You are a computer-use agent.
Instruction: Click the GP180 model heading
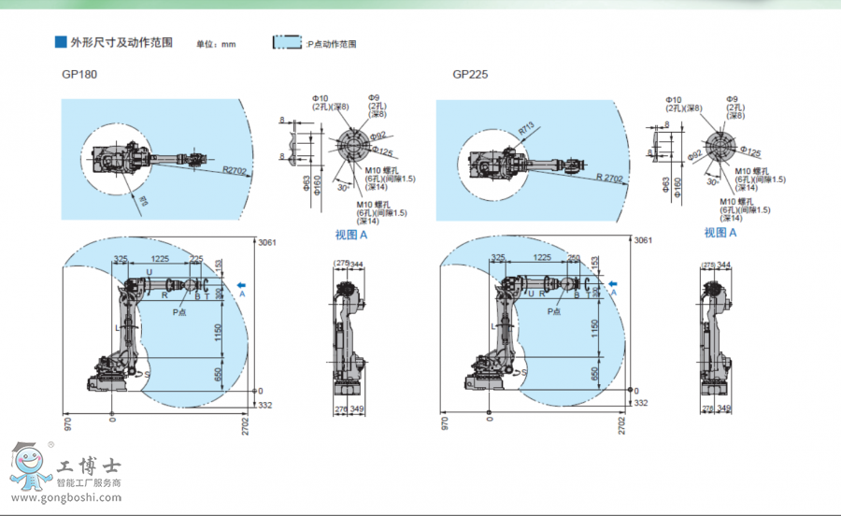[x=79, y=74]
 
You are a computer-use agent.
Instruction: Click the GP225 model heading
[x=470, y=74]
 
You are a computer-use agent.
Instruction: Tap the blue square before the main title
[x=61, y=43]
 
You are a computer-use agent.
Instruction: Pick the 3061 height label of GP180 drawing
[x=267, y=241]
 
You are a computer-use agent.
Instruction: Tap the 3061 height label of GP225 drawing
[x=643, y=241]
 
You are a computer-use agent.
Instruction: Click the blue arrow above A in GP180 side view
[x=243, y=282]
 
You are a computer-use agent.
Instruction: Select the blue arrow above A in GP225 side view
[x=614, y=282]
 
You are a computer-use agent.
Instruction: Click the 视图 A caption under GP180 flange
[x=353, y=234]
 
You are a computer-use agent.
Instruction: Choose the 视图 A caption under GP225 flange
[x=720, y=233]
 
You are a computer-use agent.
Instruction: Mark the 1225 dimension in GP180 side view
[x=161, y=259]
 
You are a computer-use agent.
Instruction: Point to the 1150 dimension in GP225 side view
[x=595, y=328]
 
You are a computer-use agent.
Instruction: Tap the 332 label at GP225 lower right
[x=640, y=403]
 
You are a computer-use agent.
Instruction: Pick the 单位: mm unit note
[x=216, y=44]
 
